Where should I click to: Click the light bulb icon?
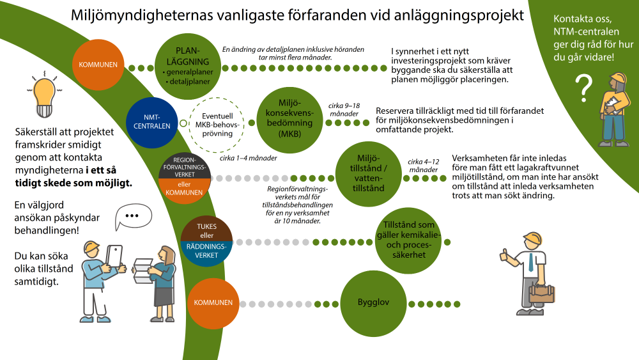pyautogui.click(x=45, y=95)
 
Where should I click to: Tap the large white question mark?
pyautogui.click(x=584, y=88)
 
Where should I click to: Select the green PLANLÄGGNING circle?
pyautogui.click(x=188, y=66)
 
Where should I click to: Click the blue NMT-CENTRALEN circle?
pyautogui.click(x=152, y=122)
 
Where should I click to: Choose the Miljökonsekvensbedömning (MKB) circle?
pyautogui.click(x=289, y=120)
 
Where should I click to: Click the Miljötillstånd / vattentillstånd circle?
pyautogui.click(x=369, y=174)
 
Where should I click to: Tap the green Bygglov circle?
pyautogui.click(x=373, y=302)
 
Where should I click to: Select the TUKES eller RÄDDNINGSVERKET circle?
pyautogui.click(x=206, y=241)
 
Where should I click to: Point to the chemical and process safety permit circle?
pyautogui.click(x=408, y=240)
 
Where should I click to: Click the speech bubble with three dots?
pyautogui.click(x=133, y=216)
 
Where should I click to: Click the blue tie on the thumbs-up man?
pyautogui.click(x=530, y=262)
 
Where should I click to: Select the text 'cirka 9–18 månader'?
pyautogui.click(x=344, y=110)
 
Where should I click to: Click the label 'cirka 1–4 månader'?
pyautogui.click(x=248, y=158)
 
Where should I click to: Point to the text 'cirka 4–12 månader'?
pyautogui.click(x=424, y=166)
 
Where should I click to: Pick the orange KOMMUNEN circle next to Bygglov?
pyautogui.click(x=213, y=303)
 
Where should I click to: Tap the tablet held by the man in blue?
pyautogui.click(x=114, y=256)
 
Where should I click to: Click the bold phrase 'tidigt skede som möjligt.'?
pyautogui.click(x=73, y=183)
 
